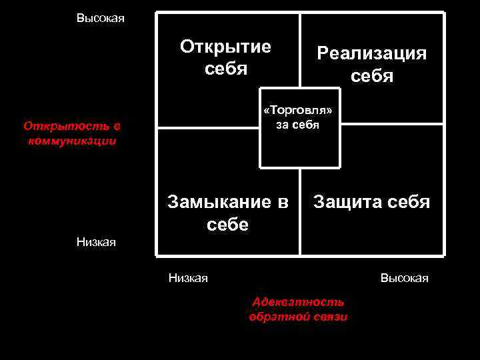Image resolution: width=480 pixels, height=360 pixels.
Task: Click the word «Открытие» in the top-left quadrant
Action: pyautogui.click(x=225, y=47)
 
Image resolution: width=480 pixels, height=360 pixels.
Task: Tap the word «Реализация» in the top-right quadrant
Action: pyautogui.click(x=371, y=53)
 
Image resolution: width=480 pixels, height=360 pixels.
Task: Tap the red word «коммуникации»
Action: pyautogui.click(x=69, y=141)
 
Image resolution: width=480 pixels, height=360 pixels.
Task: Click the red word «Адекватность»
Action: pyautogui.click(x=298, y=302)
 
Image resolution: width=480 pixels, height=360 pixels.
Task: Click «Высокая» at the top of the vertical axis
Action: pyautogui.click(x=100, y=18)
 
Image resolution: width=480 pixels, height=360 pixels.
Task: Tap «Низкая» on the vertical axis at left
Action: pyautogui.click(x=96, y=242)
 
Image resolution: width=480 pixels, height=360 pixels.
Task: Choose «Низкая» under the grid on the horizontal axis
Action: pyautogui.click(x=188, y=277)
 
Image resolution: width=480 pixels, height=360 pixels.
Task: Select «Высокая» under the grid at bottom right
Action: pyautogui.click(x=404, y=277)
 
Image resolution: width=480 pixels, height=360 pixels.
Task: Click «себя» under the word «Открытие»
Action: pyautogui.click(x=226, y=69)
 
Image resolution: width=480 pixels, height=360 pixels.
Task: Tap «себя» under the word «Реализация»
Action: pyautogui.click(x=372, y=76)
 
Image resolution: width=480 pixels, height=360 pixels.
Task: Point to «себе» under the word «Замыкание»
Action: pyautogui.click(x=227, y=225)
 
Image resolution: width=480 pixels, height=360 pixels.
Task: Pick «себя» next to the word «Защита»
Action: pyautogui.click(x=405, y=201)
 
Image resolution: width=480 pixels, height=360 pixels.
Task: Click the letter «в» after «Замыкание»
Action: pyautogui.click(x=283, y=201)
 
